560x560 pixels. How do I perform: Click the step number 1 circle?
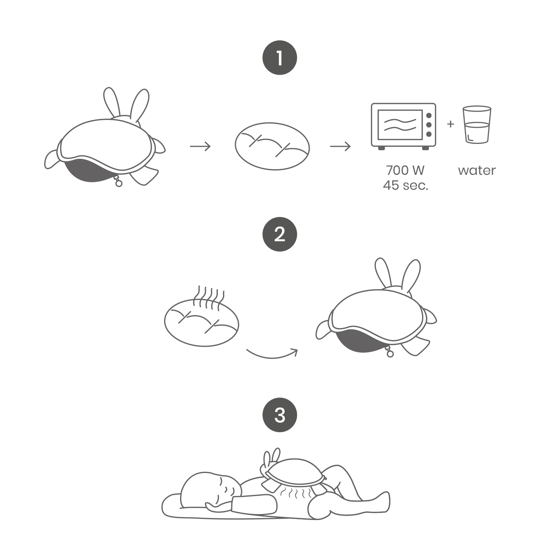coord(280,58)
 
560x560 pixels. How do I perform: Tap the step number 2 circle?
coord(280,234)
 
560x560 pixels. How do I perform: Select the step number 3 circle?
coord(280,415)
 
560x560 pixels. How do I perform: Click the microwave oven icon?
coord(403,126)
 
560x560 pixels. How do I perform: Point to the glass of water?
coord(477,125)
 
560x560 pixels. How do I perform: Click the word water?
coord(477,170)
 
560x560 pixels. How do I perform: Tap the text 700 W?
coord(405,170)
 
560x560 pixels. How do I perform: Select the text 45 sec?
coord(405,185)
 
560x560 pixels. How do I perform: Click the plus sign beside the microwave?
coord(451,124)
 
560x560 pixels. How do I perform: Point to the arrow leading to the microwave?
coord(340,146)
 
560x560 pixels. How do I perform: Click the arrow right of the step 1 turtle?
coord(200,146)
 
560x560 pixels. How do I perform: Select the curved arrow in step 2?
coord(272,354)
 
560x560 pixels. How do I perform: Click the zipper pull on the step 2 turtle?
coord(390,352)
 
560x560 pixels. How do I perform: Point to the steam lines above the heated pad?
coord(209,297)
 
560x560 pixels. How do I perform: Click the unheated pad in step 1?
coord(272,146)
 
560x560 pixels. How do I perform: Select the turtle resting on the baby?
coord(293,473)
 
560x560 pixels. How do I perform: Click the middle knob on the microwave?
coord(429,125)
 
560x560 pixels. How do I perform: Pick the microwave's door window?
coord(400,125)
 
